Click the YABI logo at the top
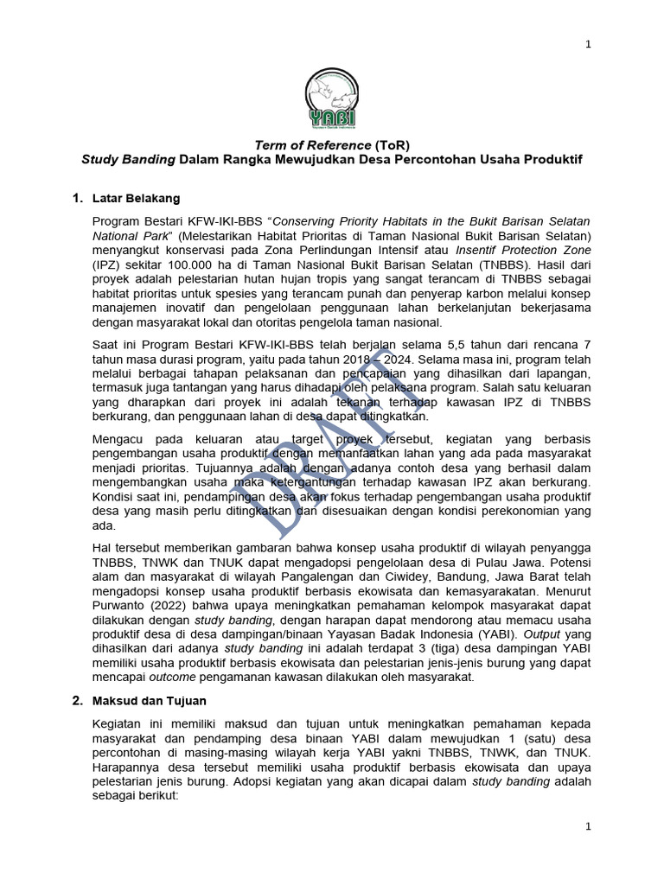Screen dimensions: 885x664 click(x=331, y=97)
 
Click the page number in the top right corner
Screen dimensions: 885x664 click(x=588, y=45)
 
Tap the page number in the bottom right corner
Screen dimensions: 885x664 click(x=588, y=826)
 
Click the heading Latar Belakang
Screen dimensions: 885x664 click(x=137, y=198)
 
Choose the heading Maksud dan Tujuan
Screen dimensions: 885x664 click(x=150, y=700)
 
